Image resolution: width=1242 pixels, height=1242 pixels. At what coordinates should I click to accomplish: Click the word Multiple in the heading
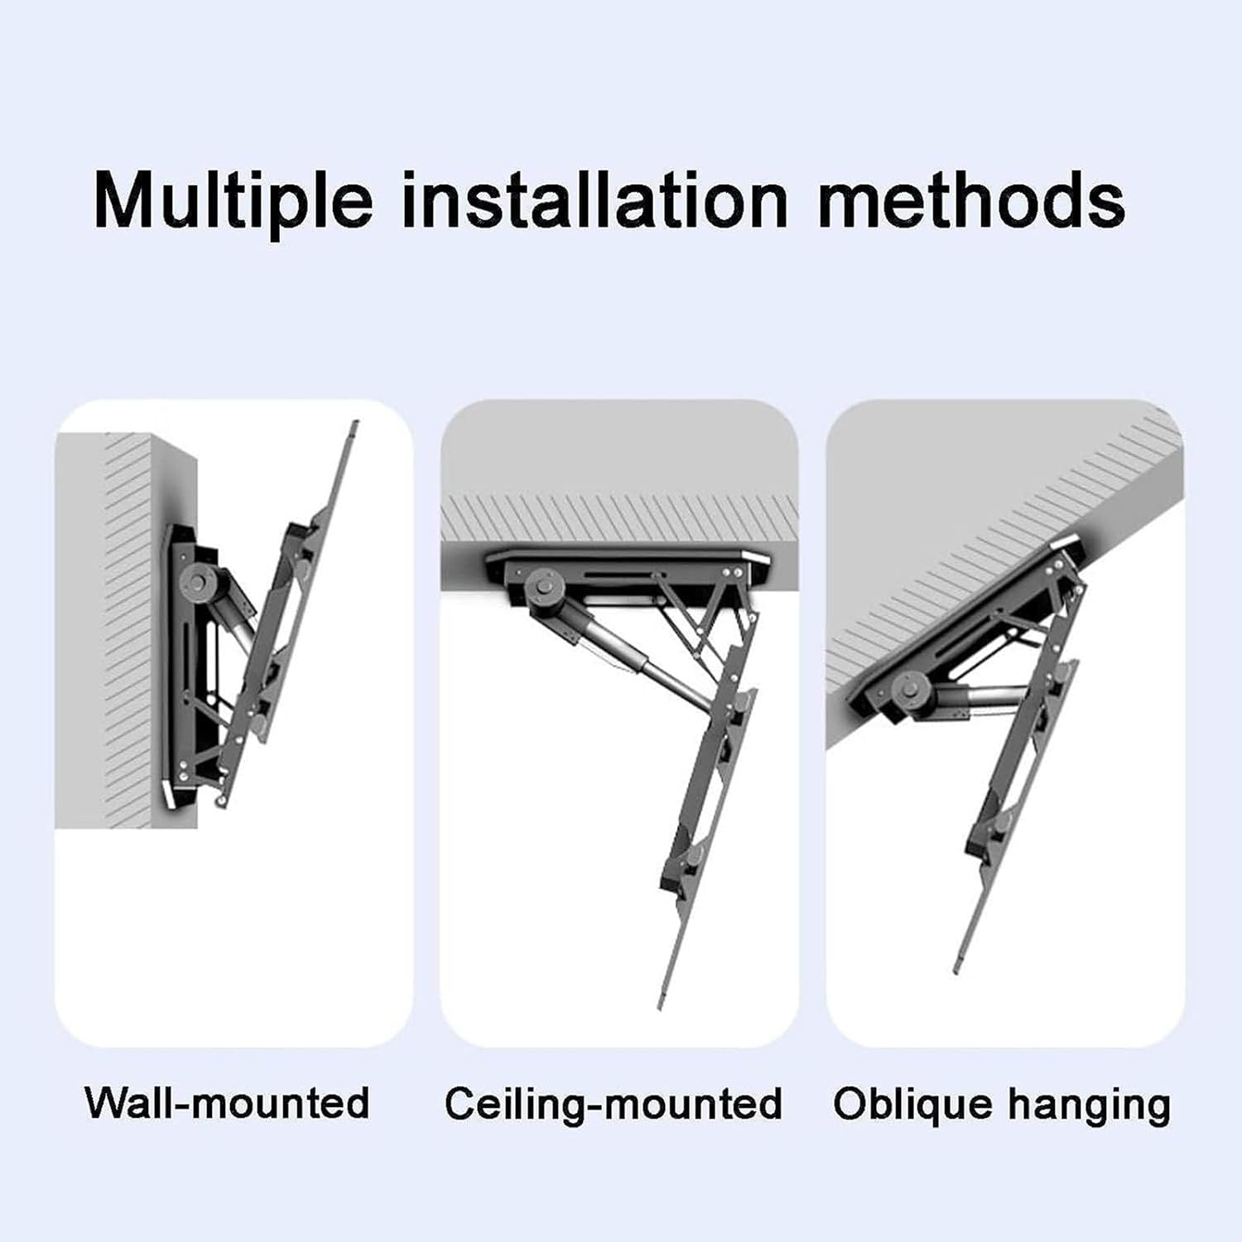point(233,201)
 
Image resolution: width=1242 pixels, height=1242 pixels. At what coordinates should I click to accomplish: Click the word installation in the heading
point(594,201)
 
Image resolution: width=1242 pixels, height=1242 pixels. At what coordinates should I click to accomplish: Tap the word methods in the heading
point(971,201)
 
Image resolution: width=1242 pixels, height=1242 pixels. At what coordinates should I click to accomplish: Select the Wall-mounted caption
point(228,1103)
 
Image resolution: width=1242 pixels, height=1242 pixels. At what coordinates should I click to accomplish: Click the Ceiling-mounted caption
point(613,1104)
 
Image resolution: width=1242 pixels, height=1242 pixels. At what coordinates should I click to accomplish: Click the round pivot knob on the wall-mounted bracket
point(200,578)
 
